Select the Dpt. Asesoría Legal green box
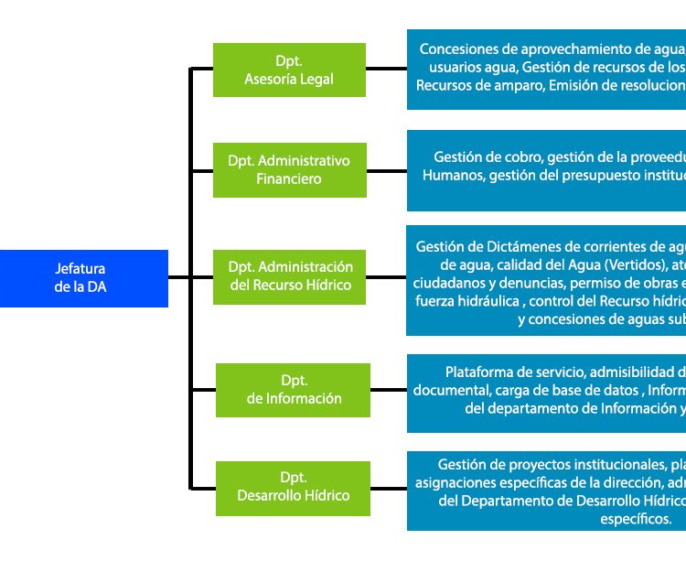(289, 70)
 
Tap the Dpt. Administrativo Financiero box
(289, 169)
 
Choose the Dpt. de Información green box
(294, 389)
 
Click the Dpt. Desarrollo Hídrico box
(294, 487)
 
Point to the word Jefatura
(80, 269)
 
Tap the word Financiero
(289, 179)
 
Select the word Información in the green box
(306, 398)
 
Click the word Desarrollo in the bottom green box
(271, 496)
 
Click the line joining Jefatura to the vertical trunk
(178, 278)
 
